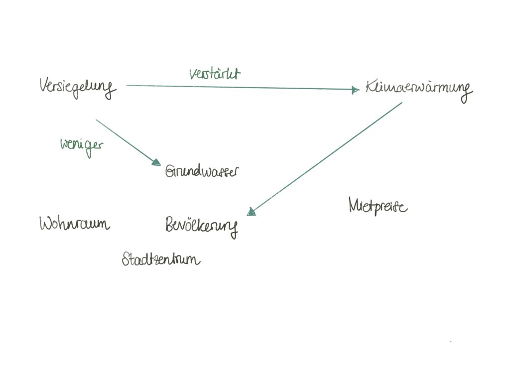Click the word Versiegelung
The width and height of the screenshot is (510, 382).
[x=77, y=88]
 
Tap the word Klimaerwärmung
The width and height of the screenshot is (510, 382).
[x=418, y=89]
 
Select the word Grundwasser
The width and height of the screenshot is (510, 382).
[x=202, y=172]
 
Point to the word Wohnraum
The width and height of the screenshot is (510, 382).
[x=74, y=224]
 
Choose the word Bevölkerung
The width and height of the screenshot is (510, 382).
[x=201, y=226]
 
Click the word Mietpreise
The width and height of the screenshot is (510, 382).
[x=378, y=205]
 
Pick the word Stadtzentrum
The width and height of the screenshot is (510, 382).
[x=161, y=259]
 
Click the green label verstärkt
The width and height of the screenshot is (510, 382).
[x=215, y=74]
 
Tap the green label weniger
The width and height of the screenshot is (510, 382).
[x=81, y=145]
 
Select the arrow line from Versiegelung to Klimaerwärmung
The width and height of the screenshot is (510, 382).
[x=239, y=87]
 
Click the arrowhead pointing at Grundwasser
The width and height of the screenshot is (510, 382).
[x=156, y=162]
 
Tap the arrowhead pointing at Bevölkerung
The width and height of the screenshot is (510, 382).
[x=251, y=212]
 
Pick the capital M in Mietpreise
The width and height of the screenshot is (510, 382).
[x=355, y=204]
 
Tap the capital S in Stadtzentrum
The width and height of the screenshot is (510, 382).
[x=127, y=259]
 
